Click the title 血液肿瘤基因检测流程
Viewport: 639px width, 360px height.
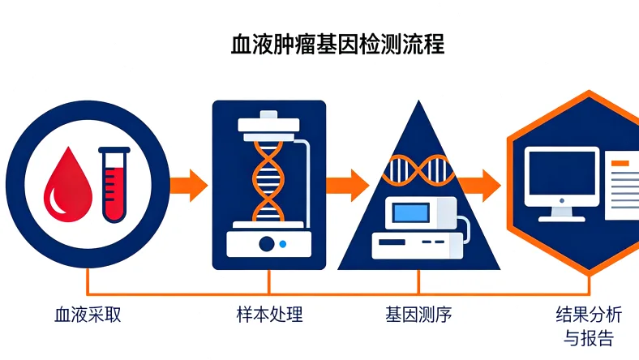(x=337, y=43)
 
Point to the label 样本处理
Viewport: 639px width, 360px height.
(x=269, y=314)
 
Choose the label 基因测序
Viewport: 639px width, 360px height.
(x=418, y=314)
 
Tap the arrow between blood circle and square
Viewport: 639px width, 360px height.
(x=188, y=185)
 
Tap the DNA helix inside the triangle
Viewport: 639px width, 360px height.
(x=418, y=168)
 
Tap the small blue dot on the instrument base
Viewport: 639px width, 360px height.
(x=282, y=243)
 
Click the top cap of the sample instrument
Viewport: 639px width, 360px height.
(x=268, y=125)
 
